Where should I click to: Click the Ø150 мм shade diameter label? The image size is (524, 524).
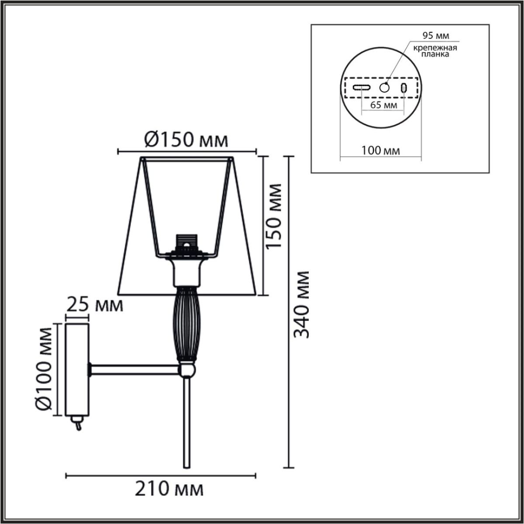tap(186, 140)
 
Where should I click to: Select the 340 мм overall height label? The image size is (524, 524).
tap(301, 304)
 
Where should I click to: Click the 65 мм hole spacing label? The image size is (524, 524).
tap(383, 105)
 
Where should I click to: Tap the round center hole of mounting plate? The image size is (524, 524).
tap(384, 87)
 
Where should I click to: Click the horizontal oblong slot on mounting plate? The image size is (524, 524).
tap(362, 87)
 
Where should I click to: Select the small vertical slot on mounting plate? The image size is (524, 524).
tap(404, 87)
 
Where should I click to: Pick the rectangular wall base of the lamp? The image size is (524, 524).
tap(77, 369)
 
